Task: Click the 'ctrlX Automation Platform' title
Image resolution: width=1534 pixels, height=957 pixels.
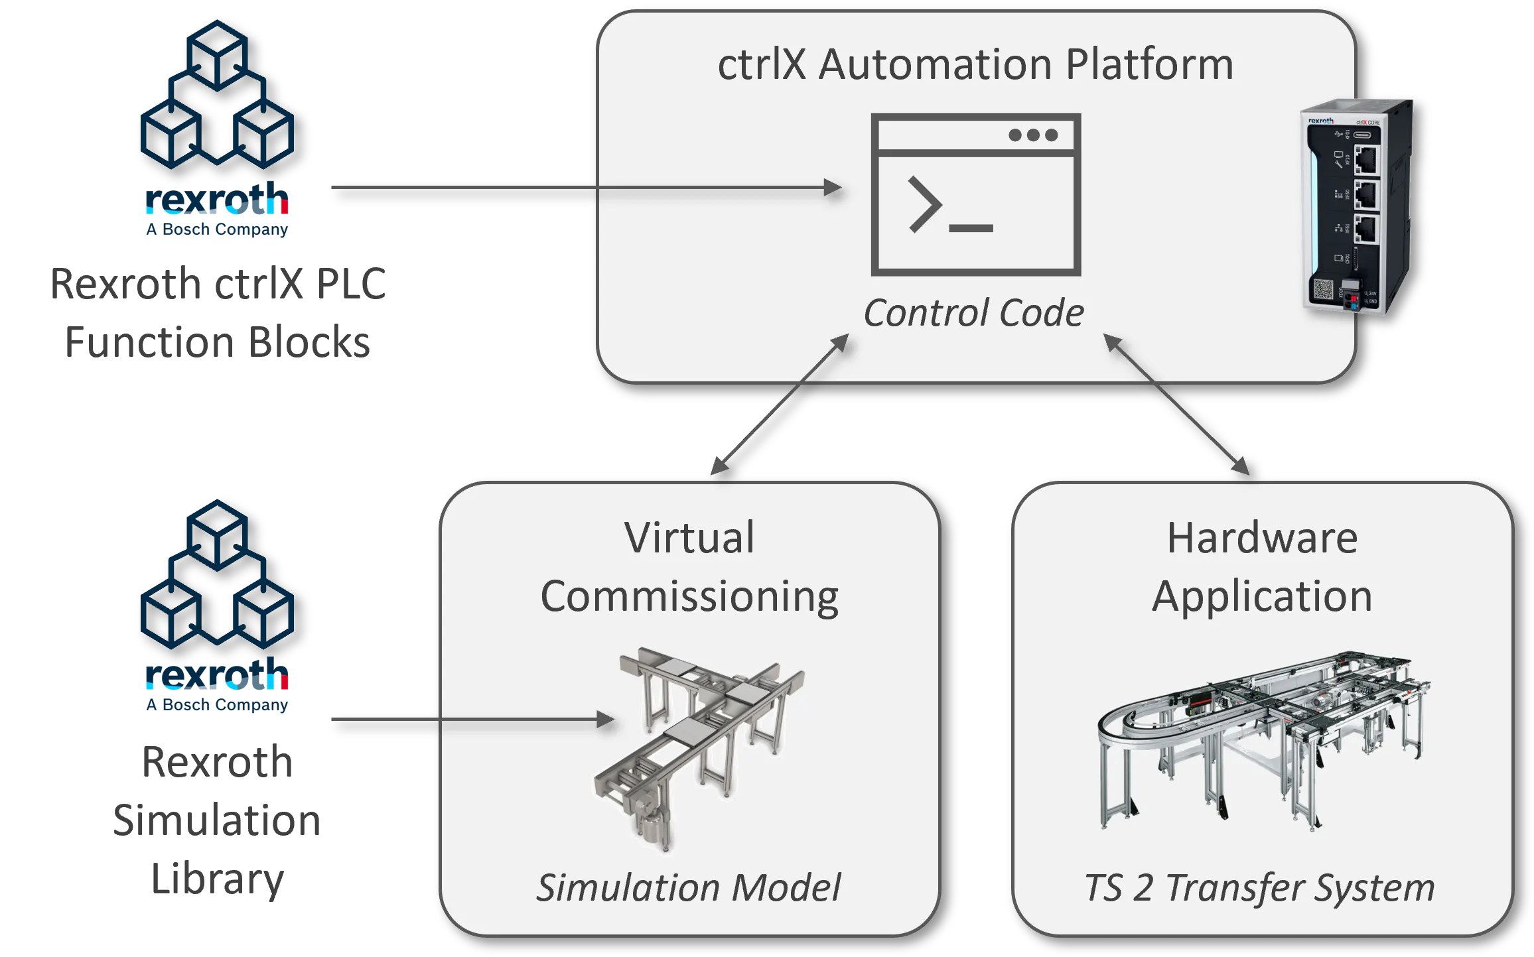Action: tap(975, 65)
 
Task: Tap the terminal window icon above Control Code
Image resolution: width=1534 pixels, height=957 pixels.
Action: tap(975, 194)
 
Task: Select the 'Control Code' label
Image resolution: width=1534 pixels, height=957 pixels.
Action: tap(973, 313)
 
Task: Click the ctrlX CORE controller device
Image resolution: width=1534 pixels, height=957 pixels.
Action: tap(1357, 207)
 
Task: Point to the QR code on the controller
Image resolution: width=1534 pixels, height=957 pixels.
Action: tap(1322, 290)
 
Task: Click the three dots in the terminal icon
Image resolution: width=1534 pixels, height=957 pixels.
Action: tap(1033, 135)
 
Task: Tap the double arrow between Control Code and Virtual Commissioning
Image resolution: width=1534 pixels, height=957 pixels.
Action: tap(780, 405)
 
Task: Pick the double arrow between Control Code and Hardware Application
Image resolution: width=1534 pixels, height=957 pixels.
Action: tap(1176, 405)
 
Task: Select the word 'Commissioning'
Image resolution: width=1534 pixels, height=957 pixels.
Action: tap(689, 596)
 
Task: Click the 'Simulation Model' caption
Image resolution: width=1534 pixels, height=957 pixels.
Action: tap(688, 887)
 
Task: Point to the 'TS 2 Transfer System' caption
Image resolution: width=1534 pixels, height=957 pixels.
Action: tap(1259, 887)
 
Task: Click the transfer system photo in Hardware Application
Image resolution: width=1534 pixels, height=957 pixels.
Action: tap(1261, 736)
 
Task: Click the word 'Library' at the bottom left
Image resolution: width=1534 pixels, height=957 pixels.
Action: tap(217, 879)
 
